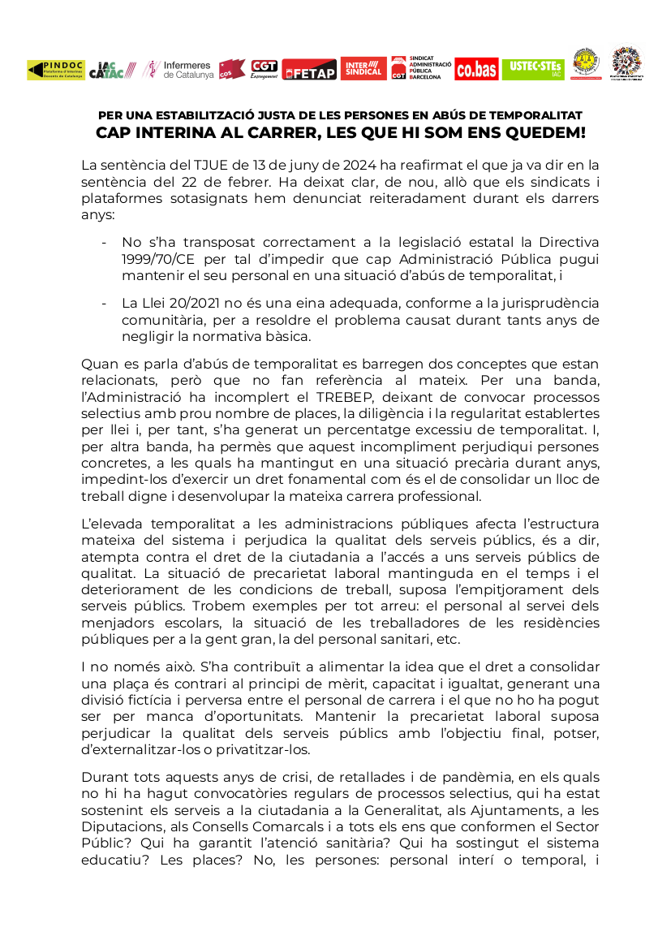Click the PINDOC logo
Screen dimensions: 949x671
tap(55, 70)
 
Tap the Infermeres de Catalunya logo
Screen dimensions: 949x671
tap(178, 70)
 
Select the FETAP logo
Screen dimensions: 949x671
tap(309, 71)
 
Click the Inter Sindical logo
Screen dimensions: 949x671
tap(363, 68)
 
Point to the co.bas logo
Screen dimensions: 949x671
tap(476, 70)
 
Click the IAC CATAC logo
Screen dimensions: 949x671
tap(113, 70)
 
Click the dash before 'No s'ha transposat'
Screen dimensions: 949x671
tap(104, 242)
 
